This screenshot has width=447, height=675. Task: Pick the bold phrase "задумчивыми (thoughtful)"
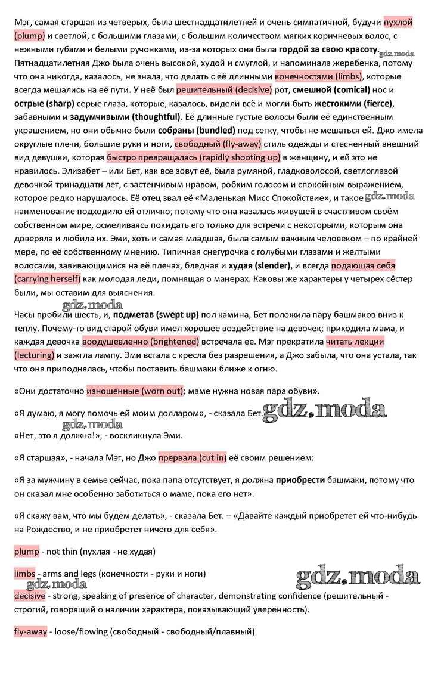tap(125, 117)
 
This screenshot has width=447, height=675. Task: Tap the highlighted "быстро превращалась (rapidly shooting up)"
tap(193, 157)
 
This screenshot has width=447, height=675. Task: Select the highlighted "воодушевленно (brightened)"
tap(141, 342)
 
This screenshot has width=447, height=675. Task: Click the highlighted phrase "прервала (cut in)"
tap(193, 459)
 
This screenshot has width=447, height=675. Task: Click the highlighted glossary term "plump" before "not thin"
tap(26, 552)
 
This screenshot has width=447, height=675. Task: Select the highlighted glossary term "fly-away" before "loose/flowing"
tap(30, 631)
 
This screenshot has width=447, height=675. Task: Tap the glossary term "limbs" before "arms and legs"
tap(24, 574)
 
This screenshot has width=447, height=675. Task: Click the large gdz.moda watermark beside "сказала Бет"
tap(324, 410)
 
